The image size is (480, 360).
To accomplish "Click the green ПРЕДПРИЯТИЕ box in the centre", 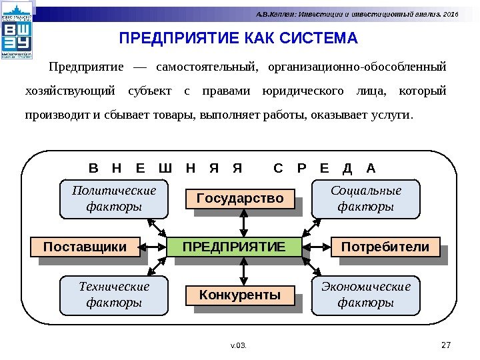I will click(x=233, y=247).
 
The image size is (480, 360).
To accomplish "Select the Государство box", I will click(x=240, y=199).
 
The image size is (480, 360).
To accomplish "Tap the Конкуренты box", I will click(x=240, y=295).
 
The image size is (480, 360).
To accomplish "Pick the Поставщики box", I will click(x=85, y=247).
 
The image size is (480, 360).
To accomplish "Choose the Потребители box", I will click(x=385, y=247).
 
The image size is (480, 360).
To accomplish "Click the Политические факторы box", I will click(x=114, y=199).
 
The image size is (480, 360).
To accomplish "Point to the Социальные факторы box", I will click(x=366, y=199).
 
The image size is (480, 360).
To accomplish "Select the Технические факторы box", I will click(x=114, y=295).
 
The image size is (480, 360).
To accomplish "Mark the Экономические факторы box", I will click(x=366, y=295).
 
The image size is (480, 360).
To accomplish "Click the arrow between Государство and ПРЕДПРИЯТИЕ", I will click(x=245, y=222).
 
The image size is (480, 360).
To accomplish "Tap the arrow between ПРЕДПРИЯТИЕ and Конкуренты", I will click(x=245, y=271).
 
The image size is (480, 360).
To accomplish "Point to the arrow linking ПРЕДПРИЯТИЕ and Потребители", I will click(x=317, y=248).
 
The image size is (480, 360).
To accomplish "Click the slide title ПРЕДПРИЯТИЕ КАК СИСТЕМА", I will click(x=238, y=38).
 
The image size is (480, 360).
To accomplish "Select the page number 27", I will click(x=447, y=345).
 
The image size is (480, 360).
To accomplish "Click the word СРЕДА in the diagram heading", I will click(x=325, y=167).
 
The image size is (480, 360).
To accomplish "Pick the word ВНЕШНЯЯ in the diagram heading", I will click(x=164, y=167).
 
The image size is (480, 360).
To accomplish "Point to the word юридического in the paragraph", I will click(x=304, y=91).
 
